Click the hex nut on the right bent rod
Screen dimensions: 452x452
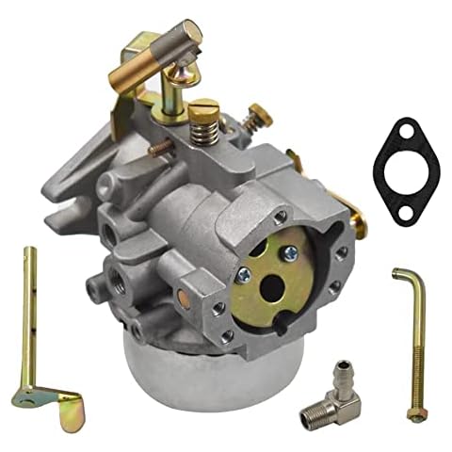coord(414,414)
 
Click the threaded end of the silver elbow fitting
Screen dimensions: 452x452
coord(311,415)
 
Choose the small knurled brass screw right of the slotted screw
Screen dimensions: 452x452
coord(255,120)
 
